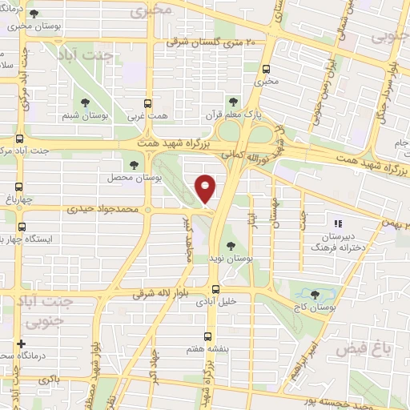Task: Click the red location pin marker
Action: click(x=206, y=188)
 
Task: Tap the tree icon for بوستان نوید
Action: click(x=231, y=246)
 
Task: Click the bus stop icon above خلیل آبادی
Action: click(x=215, y=289)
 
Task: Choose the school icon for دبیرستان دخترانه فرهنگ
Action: click(x=338, y=223)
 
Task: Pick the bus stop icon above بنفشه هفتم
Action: click(x=208, y=336)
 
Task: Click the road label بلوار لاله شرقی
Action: click(x=165, y=295)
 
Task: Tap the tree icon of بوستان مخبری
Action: click(x=32, y=14)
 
